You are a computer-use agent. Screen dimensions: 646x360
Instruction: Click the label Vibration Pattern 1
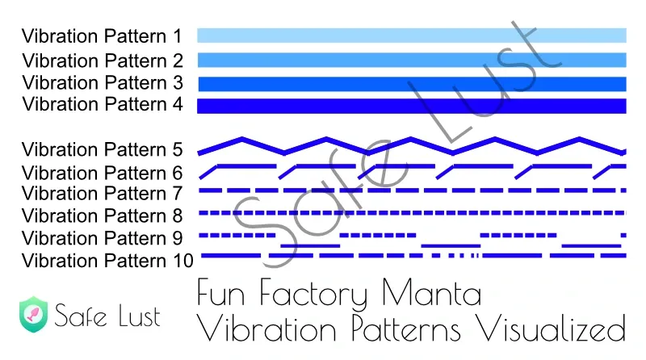point(102,36)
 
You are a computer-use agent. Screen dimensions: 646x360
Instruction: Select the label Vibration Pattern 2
point(103,61)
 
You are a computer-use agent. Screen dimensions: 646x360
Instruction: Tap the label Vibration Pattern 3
point(103,83)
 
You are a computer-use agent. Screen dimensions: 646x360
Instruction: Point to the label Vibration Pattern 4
point(103,104)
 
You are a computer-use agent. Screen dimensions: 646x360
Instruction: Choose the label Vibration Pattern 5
point(103,149)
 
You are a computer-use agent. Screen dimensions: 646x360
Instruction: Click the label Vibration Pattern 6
point(103,173)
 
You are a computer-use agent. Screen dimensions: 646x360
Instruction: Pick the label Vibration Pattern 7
point(103,193)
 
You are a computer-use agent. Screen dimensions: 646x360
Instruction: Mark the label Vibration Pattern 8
point(103,216)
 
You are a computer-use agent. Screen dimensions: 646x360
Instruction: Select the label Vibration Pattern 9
point(103,238)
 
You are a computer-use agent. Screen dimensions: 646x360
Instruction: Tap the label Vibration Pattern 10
point(107,261)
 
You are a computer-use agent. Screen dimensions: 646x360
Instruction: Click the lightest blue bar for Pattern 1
point(412,36)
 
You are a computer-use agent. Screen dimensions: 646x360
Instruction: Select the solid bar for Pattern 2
point(412,61)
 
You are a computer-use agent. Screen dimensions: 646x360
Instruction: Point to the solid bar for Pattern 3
point(413,84)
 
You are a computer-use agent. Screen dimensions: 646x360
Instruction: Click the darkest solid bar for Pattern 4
point(412,106)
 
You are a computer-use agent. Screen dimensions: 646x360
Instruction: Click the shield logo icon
point(33,314)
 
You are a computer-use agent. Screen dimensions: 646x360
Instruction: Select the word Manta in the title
point(431,292)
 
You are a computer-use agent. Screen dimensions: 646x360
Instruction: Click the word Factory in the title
point(313,294)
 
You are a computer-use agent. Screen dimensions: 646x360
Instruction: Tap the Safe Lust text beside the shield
point(107,316)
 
